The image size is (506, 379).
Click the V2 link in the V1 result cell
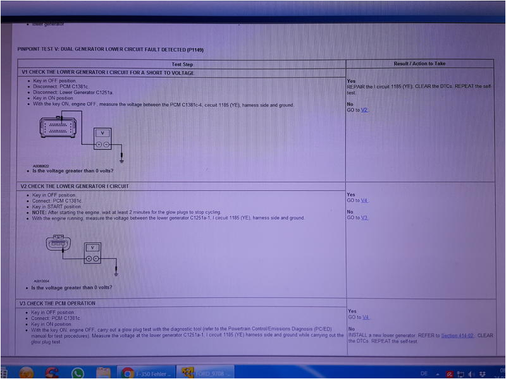click(x=364, y=110)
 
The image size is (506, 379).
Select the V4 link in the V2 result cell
click(x=364, y=201)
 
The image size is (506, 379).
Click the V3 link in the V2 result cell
click(x=364, y=217)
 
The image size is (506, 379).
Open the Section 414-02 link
click(x=457, y=335)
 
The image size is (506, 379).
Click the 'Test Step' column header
click(x=182, y=64)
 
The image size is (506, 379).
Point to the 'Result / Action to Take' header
click(x=419, y=64)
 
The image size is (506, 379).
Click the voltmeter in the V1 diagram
click(x=102, y=138)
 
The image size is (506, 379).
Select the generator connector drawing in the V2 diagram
click(x=60, y=244)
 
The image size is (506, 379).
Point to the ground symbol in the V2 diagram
click(x=117, y=273)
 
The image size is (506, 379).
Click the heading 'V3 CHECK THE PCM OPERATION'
click(x=58, y=303)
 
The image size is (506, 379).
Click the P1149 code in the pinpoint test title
click(x=195, y=49)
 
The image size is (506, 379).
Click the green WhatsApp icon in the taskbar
click(x=78, y=373)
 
